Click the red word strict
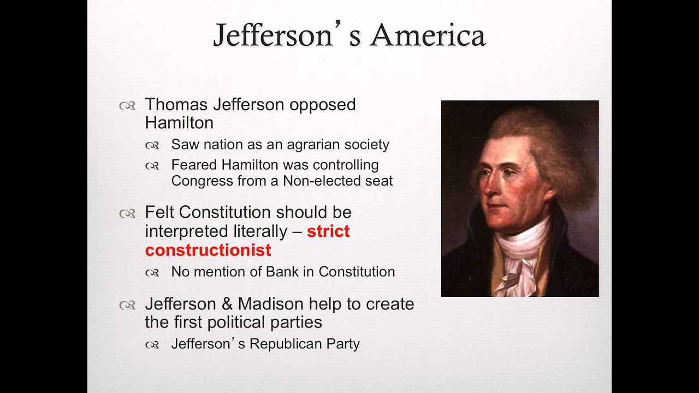328,231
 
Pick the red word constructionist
208,250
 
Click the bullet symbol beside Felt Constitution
127,213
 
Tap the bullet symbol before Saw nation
152,146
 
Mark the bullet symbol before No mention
152,273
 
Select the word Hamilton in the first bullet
179,123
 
